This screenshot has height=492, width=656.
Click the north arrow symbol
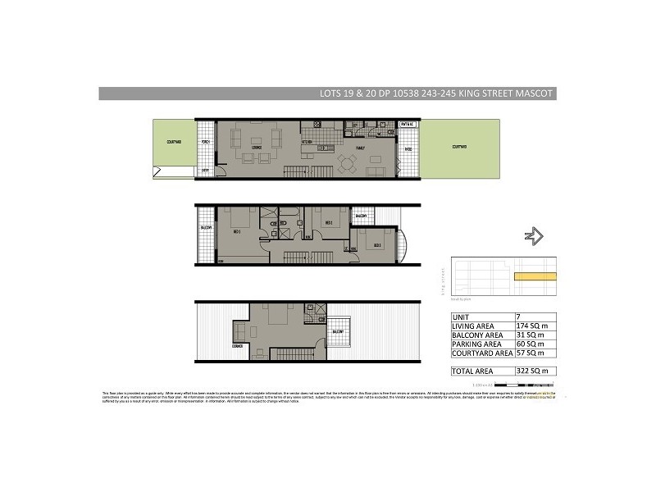(533, 236)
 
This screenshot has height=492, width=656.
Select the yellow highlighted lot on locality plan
(535, 277)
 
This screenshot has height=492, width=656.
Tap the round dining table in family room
(347, 163)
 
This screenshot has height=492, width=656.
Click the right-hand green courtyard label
(459, 148)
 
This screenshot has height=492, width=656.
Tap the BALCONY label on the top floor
(337, 331)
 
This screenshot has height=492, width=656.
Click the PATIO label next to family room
(408, 149)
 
